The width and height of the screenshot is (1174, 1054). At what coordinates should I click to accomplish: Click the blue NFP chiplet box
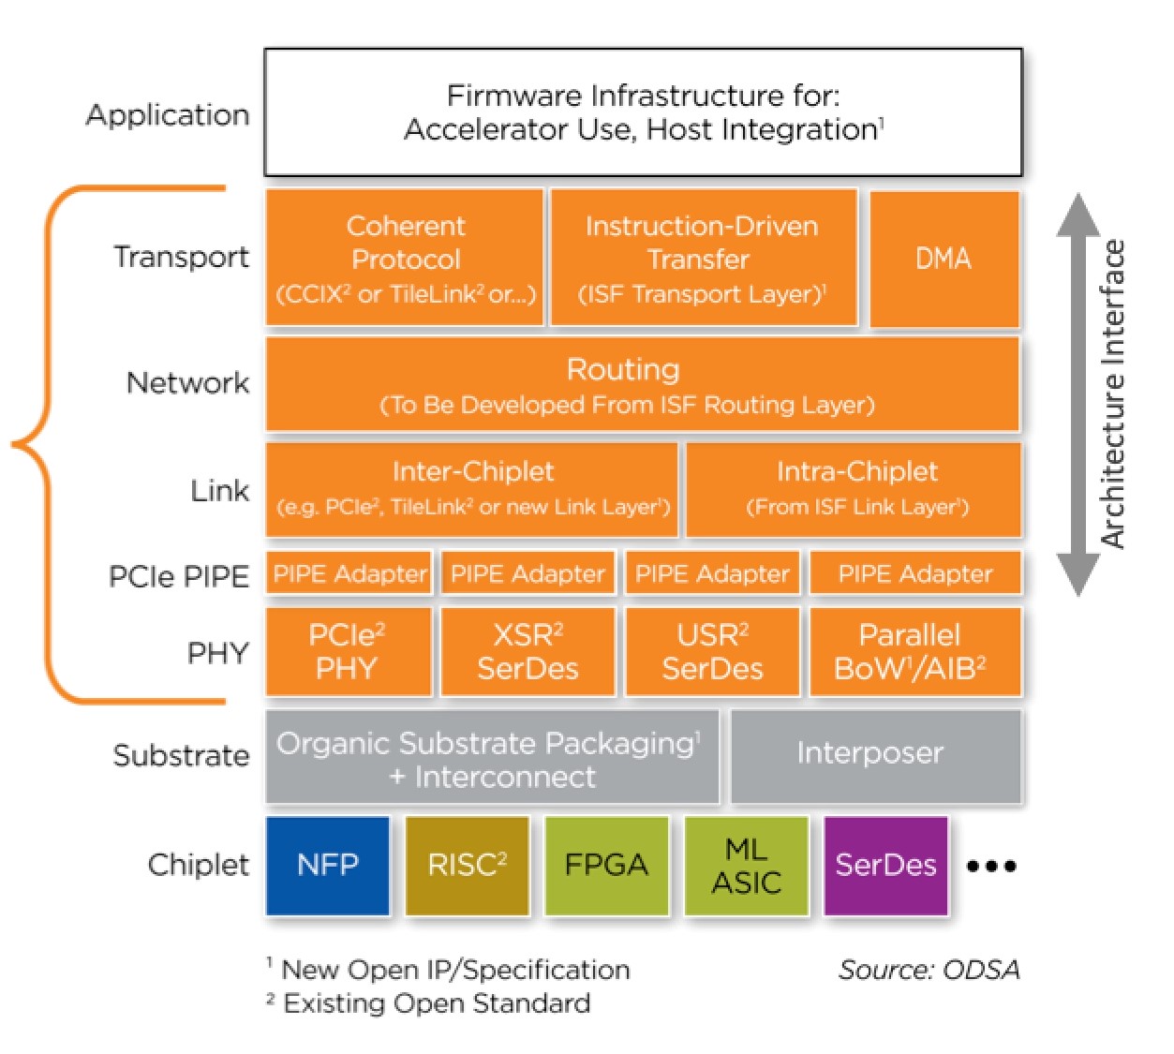click(327, 865)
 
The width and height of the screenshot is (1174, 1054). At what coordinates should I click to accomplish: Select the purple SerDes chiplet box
click(885, 865)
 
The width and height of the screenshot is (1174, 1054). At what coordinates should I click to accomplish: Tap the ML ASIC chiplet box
click(746, 865)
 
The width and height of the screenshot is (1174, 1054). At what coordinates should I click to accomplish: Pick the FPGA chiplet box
click(606, 865)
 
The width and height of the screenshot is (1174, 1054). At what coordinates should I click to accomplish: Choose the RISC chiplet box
click(467, 865)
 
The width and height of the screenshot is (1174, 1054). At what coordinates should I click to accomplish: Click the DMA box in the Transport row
click(944, 259)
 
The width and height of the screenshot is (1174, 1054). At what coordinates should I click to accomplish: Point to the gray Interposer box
click(875, 755)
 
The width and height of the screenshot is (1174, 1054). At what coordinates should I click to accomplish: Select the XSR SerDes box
click(528, 651)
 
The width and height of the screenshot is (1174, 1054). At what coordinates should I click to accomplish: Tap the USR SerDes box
click(712, 651)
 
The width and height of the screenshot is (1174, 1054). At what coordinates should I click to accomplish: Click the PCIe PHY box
click(348, 651)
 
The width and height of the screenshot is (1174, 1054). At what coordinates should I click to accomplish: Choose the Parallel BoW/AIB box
click(914, 651)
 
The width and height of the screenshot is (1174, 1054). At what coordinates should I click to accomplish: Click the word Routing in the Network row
click(623, 369)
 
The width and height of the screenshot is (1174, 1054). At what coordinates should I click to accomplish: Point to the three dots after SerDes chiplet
click(990, 866)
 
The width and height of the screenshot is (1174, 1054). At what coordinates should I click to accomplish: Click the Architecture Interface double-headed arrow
click(1077, 393)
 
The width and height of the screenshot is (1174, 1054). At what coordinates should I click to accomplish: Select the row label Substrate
click(181, 755)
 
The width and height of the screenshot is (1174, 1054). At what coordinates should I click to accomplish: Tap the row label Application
click(168, 114)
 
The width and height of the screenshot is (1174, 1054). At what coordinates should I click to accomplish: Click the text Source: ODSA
click(929, 970)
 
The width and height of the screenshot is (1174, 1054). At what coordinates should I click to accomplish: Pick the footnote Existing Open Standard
click(437, 1003)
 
